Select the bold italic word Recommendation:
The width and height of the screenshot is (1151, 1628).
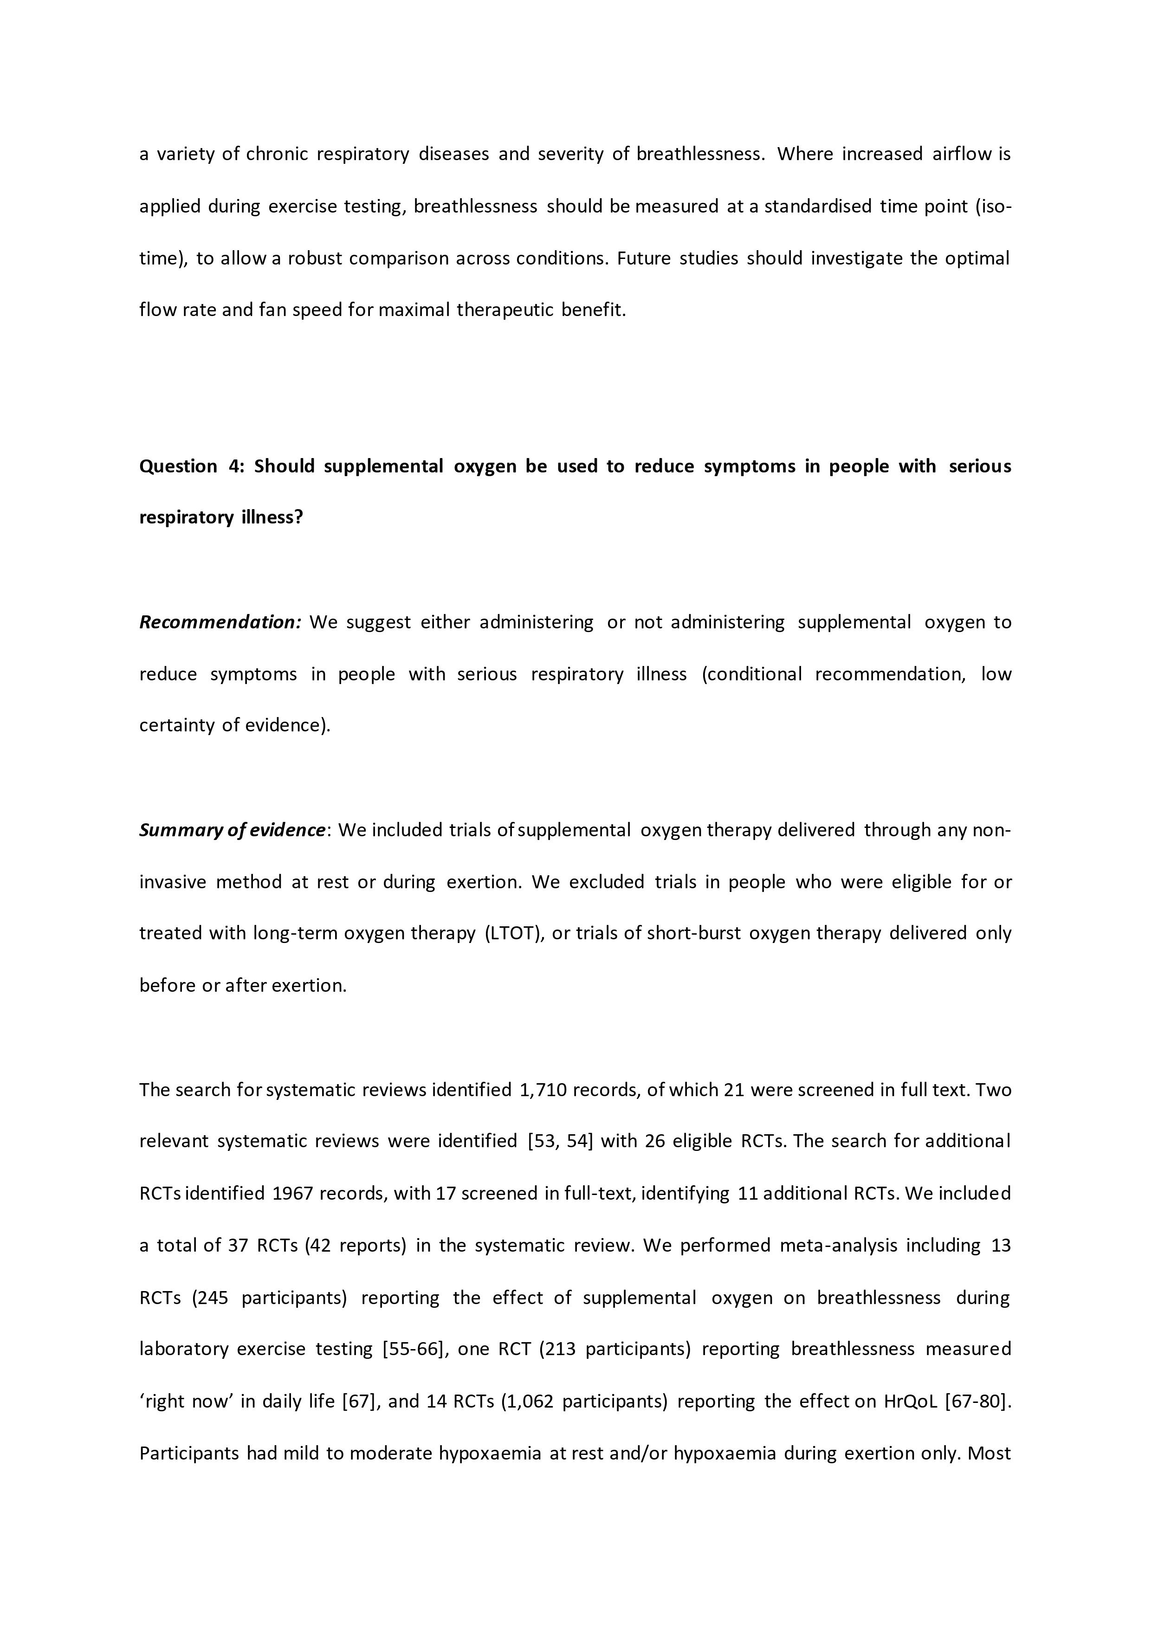pyautogui.click(x=220, y=622)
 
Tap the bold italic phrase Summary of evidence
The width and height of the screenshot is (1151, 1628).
pyautogui.click(x=233, y=830)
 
